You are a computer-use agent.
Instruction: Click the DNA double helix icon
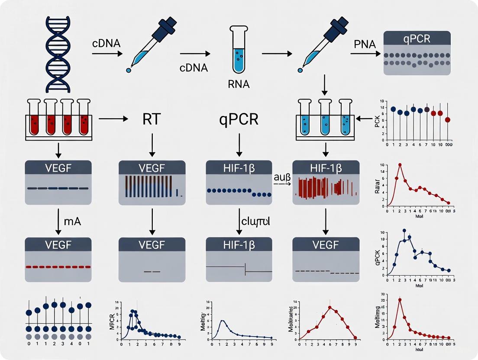click(x=58, y=54)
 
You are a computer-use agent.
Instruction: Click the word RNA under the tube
click(x=239, y=84)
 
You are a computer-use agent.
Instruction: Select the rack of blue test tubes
click(x=326, y=119)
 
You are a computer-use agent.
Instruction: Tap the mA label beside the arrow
click(x=73, y=222)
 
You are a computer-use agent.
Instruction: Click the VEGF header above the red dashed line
click(x=58, y=244)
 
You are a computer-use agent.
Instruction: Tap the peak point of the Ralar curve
click(x=400, y=165)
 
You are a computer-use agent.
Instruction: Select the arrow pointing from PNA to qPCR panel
click(x=365, y=54)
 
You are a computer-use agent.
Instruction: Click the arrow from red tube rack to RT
click(x=113, y=118)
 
